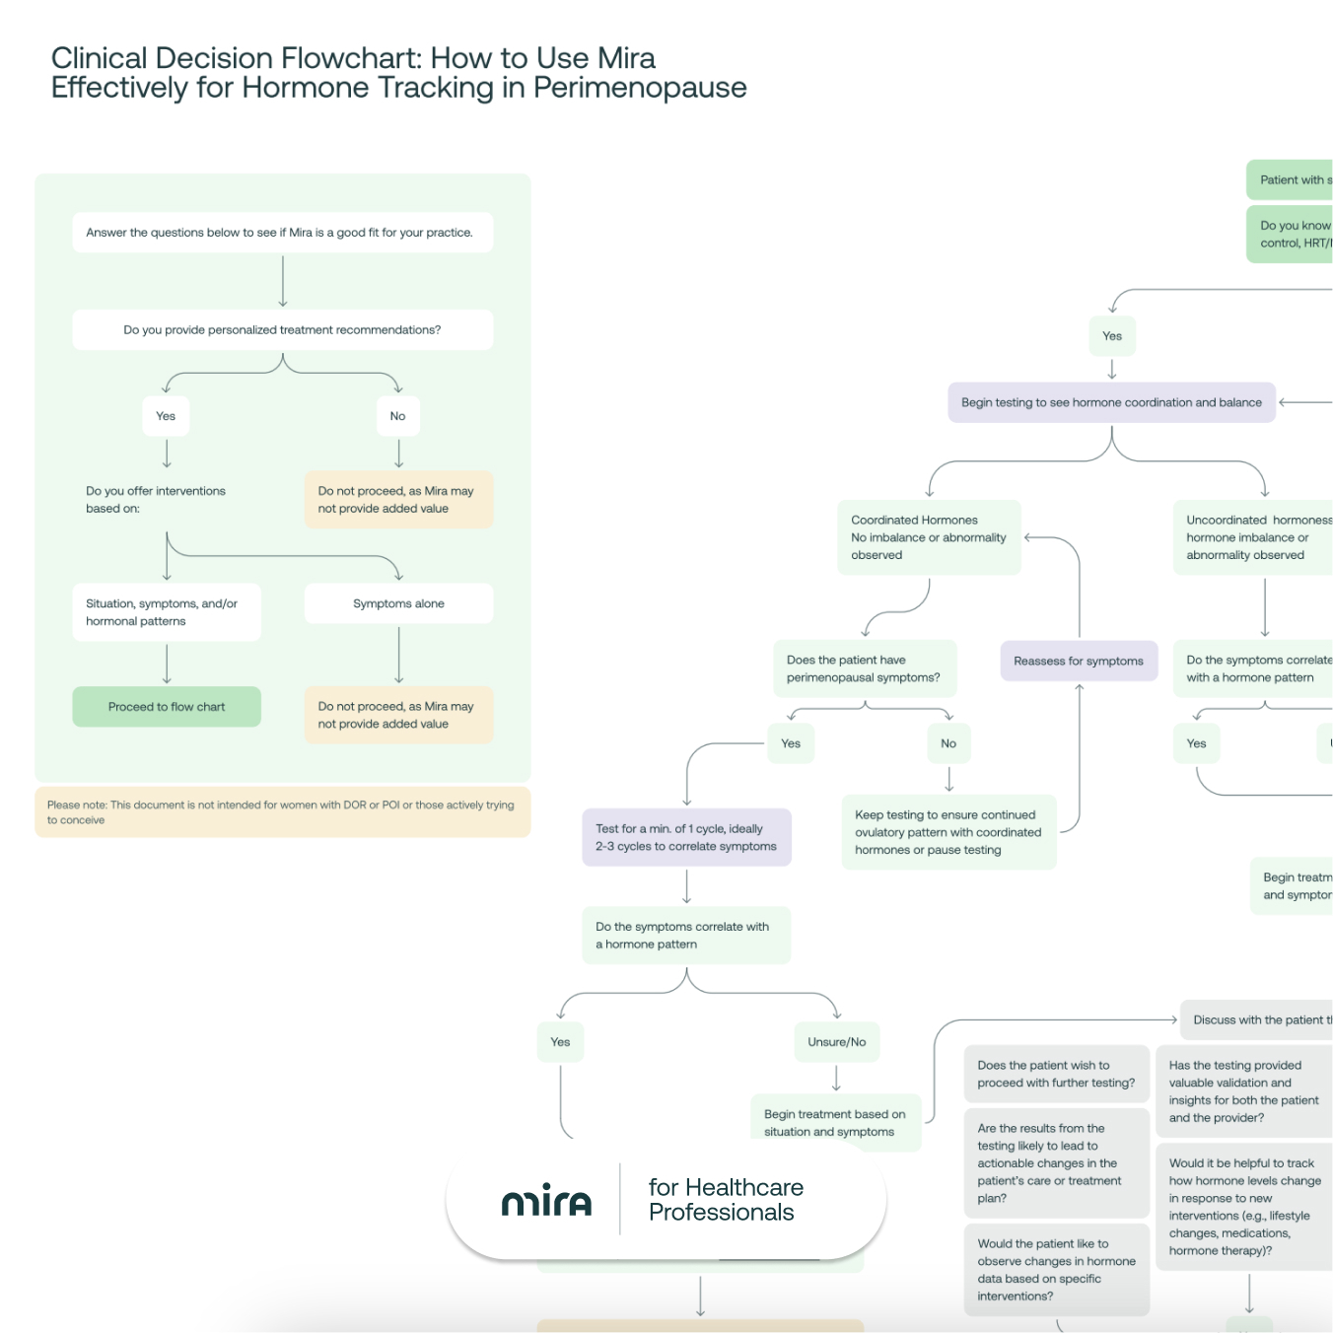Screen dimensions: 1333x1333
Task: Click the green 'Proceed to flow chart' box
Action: point(167,707)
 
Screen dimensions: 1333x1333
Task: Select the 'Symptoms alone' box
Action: point(398,603)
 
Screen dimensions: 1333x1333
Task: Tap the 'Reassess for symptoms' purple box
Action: point(1079,661)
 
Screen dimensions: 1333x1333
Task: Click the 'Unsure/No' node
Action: point(836,1042)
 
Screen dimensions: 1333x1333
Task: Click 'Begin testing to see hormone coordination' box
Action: point(1111,402)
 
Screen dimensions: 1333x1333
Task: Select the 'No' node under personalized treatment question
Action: point(397,416)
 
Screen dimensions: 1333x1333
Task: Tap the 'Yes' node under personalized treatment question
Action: point(166,416)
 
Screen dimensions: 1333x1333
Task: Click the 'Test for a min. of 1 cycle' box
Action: point(686,837)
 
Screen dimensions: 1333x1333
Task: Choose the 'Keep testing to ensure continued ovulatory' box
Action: point(948,832)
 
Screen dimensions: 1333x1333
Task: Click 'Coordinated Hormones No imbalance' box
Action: point(929,537)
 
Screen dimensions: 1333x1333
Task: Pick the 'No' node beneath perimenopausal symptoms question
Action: point(948,743)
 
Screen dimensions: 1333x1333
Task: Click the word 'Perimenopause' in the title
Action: point(640,88)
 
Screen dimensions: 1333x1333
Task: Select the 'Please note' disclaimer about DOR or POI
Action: point(282,812)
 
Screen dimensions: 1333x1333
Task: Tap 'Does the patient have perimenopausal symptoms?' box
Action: point(864,668)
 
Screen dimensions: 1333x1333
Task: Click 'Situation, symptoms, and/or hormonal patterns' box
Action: point(166,612)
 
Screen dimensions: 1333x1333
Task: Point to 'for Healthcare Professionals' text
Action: point(726,1200)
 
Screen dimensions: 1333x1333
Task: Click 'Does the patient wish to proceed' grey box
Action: point(1056,1074)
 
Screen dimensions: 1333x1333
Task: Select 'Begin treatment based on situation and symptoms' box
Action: point(835,1123)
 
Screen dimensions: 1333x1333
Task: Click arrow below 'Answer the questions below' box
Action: point(283,282)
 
